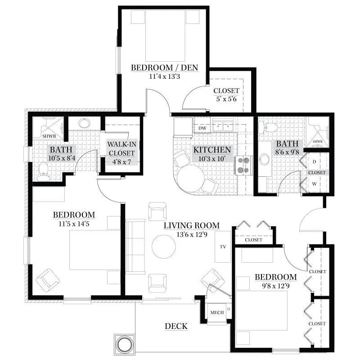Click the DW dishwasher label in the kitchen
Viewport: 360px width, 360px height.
click(x=202, y=128)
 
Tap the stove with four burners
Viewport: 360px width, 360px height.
click(x=243, y=165)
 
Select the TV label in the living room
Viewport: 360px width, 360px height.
click(x=223, y=247)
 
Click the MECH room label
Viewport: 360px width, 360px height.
click(x=217, y=312)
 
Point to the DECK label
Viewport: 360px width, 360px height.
click(x=176, y=326)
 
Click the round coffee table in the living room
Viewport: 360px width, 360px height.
click(x=164, y=247)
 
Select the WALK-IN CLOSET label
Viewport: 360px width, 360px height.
click(x=121, y=148)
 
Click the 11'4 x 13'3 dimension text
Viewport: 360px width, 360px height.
click(x=165, y=76)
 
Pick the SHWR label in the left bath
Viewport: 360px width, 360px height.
click(x=49, y=136)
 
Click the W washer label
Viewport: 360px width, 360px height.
click(x=314, y=184)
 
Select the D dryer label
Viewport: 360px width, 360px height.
click(x=314, y=162)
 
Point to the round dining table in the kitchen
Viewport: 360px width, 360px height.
click(x=190, y=179)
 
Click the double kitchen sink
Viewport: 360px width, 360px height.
click(x=223, y=126)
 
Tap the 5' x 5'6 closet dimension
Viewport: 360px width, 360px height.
click(x=226, y=99)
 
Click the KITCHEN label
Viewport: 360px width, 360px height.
click(x=212, y=150)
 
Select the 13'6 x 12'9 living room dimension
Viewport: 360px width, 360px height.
click(x=192, y=234)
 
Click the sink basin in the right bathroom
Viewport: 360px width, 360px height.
click(x=265, y=159)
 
